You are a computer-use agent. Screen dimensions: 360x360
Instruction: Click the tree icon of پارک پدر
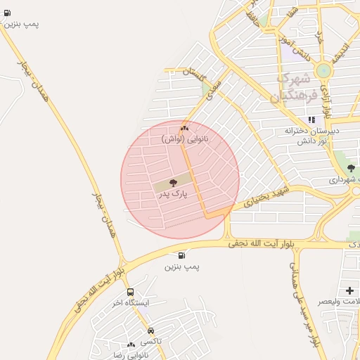pyautogui.click(x=174, y=183)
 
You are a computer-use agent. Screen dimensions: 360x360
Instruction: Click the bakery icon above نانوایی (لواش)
pyautogui.click(x=184, y=129)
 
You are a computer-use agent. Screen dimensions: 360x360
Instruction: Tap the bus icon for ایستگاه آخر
pyautogui.click(x=130, y=292)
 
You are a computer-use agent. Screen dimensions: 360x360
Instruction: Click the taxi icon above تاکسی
pyautogui.click(x=150, y=330)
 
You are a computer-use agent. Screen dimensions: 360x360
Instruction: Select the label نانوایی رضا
pyautogui.click(x=131, y=355)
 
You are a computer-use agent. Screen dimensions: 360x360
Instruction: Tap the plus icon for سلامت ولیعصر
pyautogui.click(x=349, y=290)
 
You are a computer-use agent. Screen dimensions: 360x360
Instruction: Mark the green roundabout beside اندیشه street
pyautogui.click(x=323, y=70)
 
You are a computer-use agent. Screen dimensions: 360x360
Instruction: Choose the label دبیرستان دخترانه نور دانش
pyautogui.click(x=312, y=136)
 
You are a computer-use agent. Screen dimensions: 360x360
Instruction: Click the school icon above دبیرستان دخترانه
pyautogui.click(x=311, y=120)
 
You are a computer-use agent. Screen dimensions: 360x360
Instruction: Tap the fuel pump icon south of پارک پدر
pyautogui.click(x=182, y=256)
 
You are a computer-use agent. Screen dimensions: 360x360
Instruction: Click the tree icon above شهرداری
pyautogui.click(x=351, y=168)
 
